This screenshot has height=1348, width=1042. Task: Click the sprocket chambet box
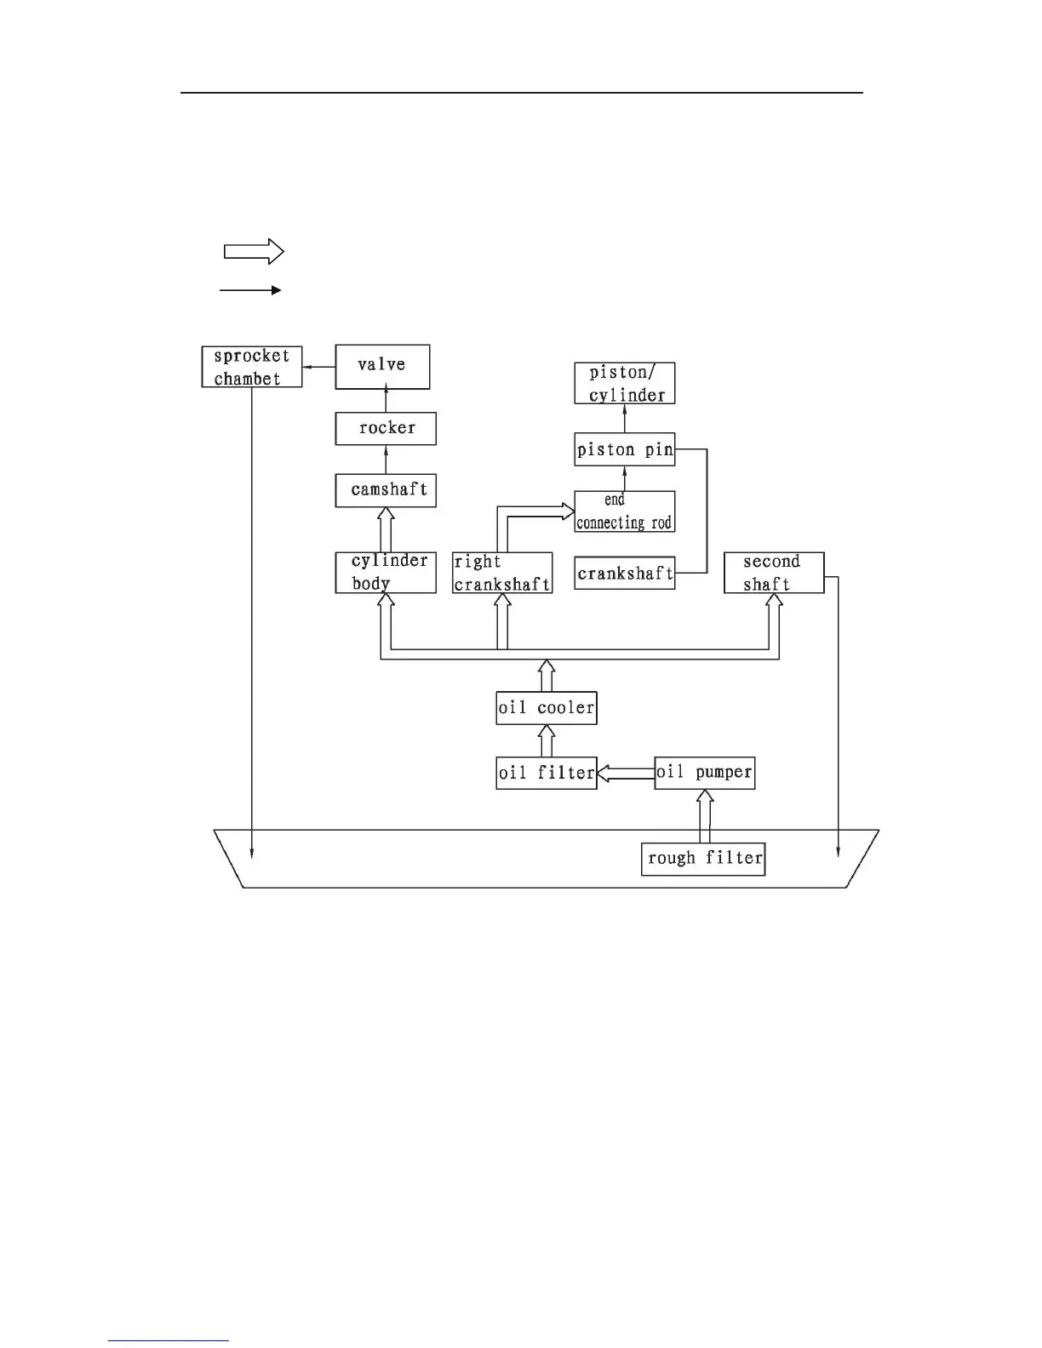(x=252, y=367)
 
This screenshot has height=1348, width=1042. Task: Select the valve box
(x=382, y=367)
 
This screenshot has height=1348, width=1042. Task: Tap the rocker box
(x=386, y=428)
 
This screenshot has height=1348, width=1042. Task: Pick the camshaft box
(x=386, y=490)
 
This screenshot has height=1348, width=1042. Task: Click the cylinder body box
(x=386, y=573)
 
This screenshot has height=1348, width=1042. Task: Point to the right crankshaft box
(x=502, y=573)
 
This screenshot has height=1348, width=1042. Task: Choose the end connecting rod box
(x=625, y=511)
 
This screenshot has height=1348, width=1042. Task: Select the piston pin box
(x=625, y=449)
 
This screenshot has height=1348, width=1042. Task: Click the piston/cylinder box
(x=625, y=383)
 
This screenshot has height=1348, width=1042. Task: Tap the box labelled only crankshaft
(x=625, y=573)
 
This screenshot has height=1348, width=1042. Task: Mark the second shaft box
(x=774, y=573)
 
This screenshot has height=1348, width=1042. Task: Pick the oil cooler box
(x=547, y=708)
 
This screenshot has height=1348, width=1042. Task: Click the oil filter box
(x=547, y=773)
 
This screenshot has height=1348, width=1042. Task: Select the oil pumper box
(x=704, y=773)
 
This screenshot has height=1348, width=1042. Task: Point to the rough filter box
(x=703, y=858)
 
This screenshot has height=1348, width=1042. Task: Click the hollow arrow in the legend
(x=253, y=251)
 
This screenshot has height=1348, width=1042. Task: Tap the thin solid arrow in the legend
(x=250, y=290)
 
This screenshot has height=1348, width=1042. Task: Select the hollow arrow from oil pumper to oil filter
(x=626, y=773)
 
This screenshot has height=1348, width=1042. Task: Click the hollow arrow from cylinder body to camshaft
(x=386, y=530)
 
